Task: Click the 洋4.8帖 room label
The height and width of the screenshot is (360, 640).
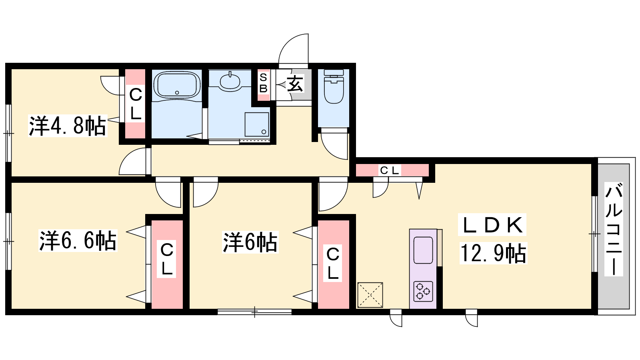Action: click(68, 126)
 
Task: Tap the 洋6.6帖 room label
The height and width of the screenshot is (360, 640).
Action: click(78, 240)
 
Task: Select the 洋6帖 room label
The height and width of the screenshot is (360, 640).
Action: click(250, 242)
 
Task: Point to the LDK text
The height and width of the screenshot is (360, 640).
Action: click(492, 225)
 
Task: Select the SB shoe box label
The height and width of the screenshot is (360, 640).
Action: click(263, 83)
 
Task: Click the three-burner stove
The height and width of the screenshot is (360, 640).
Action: click(423, 292)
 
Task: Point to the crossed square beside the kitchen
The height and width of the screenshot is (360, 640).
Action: click(370, 295)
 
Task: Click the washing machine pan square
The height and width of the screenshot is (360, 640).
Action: click(256, 124)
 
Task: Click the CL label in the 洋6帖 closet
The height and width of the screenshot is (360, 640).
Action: click(333, 263)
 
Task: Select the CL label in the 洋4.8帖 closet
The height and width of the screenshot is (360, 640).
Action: click(136, 104)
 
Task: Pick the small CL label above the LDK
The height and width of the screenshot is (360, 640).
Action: click(389, 170)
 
